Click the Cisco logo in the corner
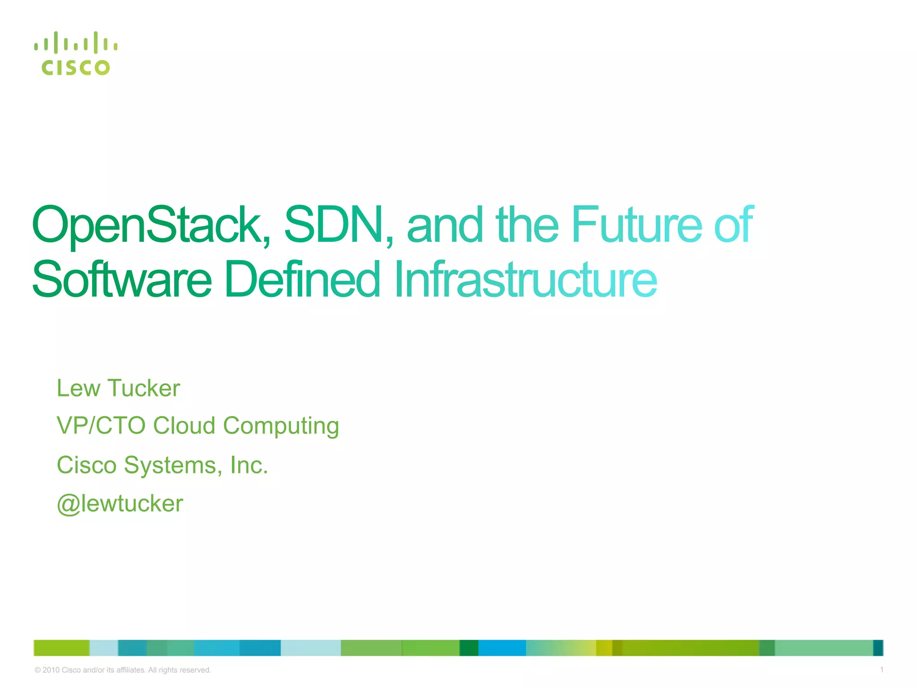coord(75,54)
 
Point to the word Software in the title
coord(121,280)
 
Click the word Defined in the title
coord(302,280)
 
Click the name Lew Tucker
coord(118,388)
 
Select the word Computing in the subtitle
coord(281,426)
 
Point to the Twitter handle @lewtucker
coord(120,504)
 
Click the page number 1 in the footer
coord(881,670)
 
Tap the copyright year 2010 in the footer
coord(51,670)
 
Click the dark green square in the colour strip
coord(469,648)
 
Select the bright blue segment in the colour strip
coord(502,648)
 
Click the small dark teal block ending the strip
coord(878,648)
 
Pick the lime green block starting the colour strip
coord(61,648)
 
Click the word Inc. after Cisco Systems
coord(249,465)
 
